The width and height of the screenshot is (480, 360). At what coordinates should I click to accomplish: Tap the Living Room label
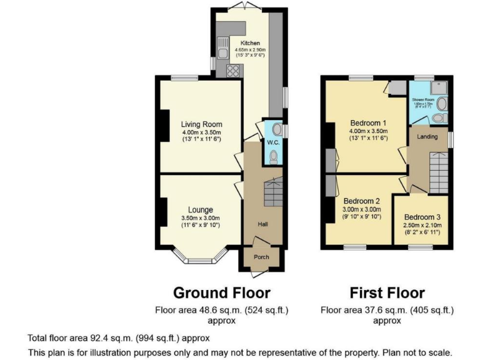click(x=201, y=124)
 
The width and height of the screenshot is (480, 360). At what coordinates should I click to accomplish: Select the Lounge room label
click(x=201, y=209)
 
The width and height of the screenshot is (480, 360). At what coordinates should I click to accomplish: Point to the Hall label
click(x=263, y=224)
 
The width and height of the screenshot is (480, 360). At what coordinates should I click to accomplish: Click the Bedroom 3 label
click(x=422, y=217)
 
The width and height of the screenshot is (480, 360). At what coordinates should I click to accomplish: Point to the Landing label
click(x=427, y=136)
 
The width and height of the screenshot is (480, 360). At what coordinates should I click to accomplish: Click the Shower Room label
click(x=422, y=100)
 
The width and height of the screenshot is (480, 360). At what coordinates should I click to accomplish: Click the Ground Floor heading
click(x=221, y=292)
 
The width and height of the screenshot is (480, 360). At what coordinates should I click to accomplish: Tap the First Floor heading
click(x=387, y=292)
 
